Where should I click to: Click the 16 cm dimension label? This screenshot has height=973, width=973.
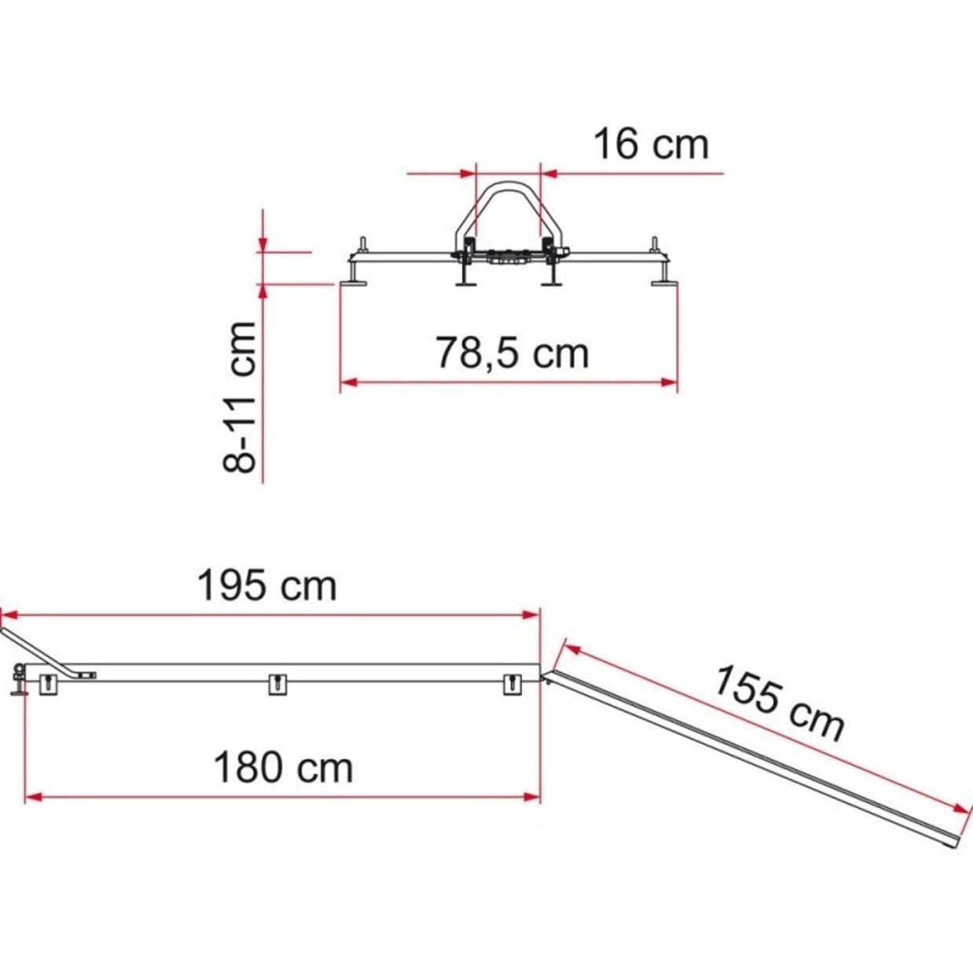[652, 145]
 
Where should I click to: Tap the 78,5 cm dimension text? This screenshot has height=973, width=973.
[512, 354]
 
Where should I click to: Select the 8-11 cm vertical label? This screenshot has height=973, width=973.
[240, 397]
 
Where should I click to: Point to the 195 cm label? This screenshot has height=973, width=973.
[267, 586]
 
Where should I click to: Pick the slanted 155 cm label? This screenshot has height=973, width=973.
[779, 703]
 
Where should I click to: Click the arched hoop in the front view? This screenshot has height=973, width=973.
[508, 207]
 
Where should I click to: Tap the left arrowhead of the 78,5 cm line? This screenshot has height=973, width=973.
[349, 382]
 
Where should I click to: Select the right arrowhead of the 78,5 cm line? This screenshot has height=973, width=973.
[669, 382]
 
